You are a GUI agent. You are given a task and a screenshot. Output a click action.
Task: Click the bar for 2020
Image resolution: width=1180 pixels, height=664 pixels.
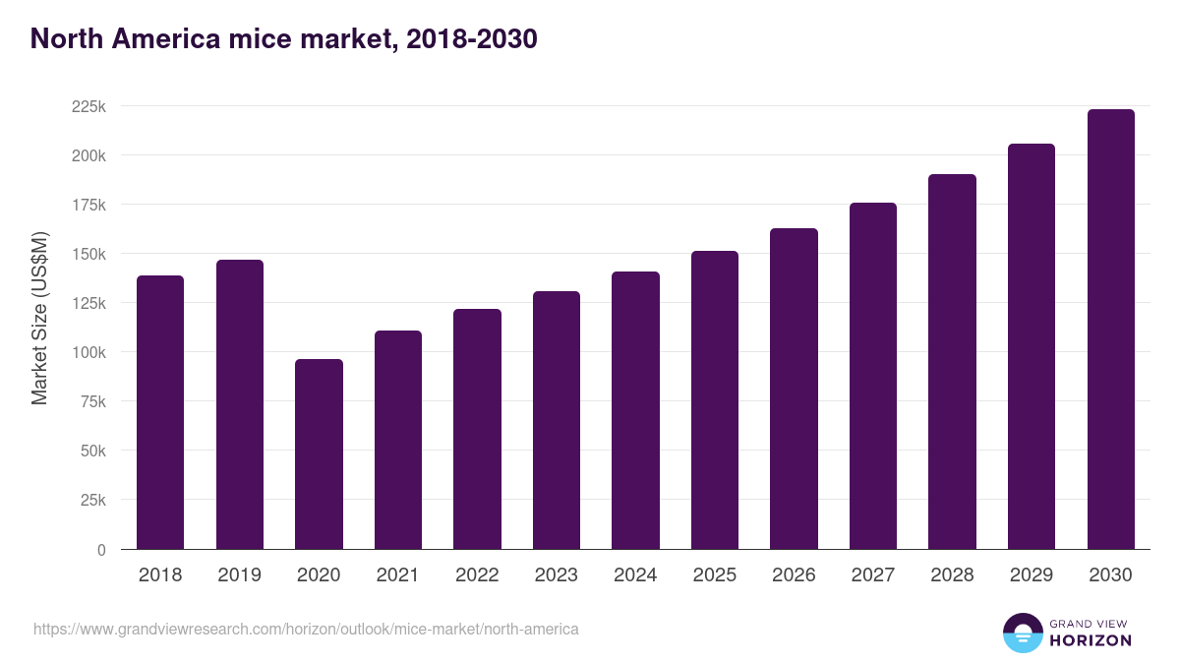pyautogui.click(x=319, y=454)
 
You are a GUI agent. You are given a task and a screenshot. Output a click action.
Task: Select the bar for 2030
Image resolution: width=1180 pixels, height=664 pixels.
pyautogui.click(x=1110, y=330)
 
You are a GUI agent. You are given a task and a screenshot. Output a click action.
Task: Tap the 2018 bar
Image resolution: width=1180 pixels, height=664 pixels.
pyautogui.click(x=160, y=412)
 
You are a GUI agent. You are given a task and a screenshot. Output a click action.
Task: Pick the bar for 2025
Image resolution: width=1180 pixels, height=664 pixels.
pyautogui.click(x=715, y=400)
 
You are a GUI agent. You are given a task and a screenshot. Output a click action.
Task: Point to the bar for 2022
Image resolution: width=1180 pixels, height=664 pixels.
pyautogui.click(x=477, y=429)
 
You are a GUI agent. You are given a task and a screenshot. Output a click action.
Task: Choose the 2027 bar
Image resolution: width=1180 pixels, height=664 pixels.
pyautogui.click(x=873, y=376)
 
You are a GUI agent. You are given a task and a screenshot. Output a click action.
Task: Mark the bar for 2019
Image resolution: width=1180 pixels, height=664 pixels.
pyautogui.click(x=240, y=404)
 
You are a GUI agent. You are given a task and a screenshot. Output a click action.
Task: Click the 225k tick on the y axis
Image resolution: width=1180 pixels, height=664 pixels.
pyautogui.click(x=88, y=106)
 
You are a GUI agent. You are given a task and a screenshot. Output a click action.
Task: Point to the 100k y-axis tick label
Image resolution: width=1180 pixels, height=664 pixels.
pyautogui.click(x=88, y=352)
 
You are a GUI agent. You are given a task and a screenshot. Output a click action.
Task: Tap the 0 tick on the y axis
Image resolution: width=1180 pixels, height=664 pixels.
pyautogui.click(x=101, y=550)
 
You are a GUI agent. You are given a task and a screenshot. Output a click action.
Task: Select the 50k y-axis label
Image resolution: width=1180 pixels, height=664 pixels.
pyautogui.click(x=92, y=452)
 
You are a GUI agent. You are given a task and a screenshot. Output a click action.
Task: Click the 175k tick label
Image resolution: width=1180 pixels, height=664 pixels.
pyautogui.click(x=88, y=205)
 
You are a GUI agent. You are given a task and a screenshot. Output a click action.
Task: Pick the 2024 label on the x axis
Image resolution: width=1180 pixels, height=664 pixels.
pyautogui.click(x=635, y=575)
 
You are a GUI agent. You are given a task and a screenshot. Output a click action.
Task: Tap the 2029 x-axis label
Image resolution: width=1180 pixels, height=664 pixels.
pyautogui.click(x=1032, y=575)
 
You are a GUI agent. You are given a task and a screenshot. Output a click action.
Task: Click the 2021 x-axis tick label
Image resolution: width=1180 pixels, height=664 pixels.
pyautogui.click(x=398, y=575)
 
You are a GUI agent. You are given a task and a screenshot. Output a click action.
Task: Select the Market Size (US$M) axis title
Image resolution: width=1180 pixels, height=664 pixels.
pyautogui.click(x=39, y=318)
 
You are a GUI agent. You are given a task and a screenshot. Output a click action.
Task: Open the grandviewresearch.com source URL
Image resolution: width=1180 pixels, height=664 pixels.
pyautogui.click(x=306, y=629)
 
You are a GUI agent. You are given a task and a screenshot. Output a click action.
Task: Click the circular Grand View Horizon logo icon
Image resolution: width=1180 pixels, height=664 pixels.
pyautogui.click(x=1022, y=633)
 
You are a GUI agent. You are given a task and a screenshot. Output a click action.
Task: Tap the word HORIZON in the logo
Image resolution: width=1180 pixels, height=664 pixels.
pyautogui.click(x=1091, y=640)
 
